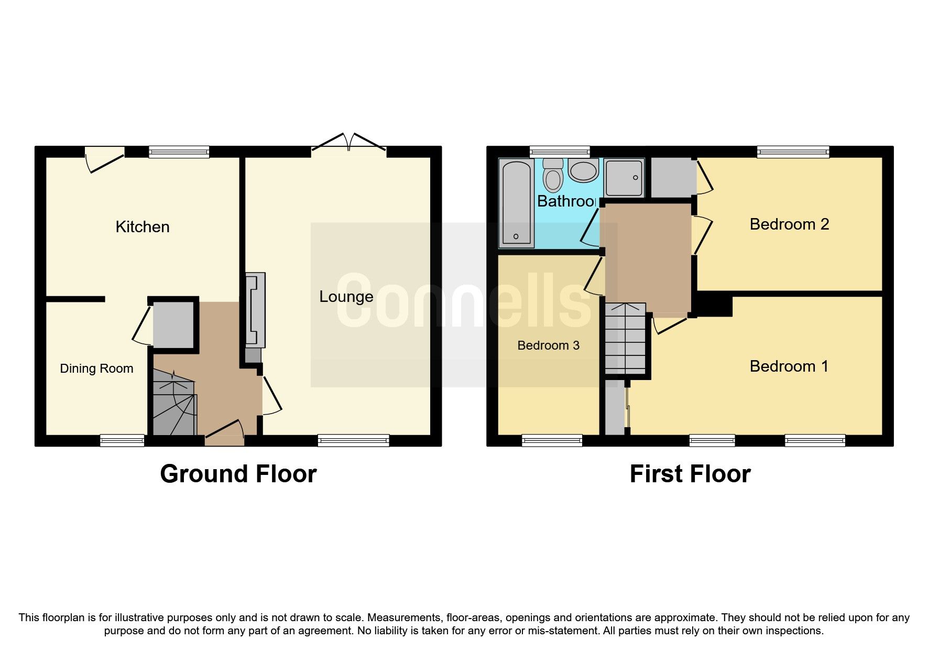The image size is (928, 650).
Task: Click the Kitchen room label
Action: click(x=143, y=227)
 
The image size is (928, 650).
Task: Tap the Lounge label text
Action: click(x=346, y=297)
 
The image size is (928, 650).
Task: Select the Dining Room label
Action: click(x=96, y=369)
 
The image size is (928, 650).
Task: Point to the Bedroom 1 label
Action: click(x=789, y=366)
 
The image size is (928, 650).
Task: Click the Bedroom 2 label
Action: click(x=789, y=224)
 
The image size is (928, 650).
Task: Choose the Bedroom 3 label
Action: click(x=548, y=345)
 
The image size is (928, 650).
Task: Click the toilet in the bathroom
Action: click(x=553, y=175)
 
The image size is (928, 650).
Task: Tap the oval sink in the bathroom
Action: click(x=583, y=171)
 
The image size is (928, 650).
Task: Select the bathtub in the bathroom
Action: click(x=517, y=203)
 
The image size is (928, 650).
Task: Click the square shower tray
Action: click(x=624, y=178)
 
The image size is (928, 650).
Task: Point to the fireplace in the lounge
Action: click(x=255, y=310)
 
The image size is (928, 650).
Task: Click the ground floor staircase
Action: click(x=174, y=402)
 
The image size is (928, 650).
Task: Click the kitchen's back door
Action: click(x=105, y=159)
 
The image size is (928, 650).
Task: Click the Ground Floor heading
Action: click(x=238, y=474)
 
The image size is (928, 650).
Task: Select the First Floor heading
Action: click(x=690, y=474)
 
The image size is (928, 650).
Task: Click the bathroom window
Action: click(x=560, y=152)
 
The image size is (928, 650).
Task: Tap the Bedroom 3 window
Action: click(x=552, y=440)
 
